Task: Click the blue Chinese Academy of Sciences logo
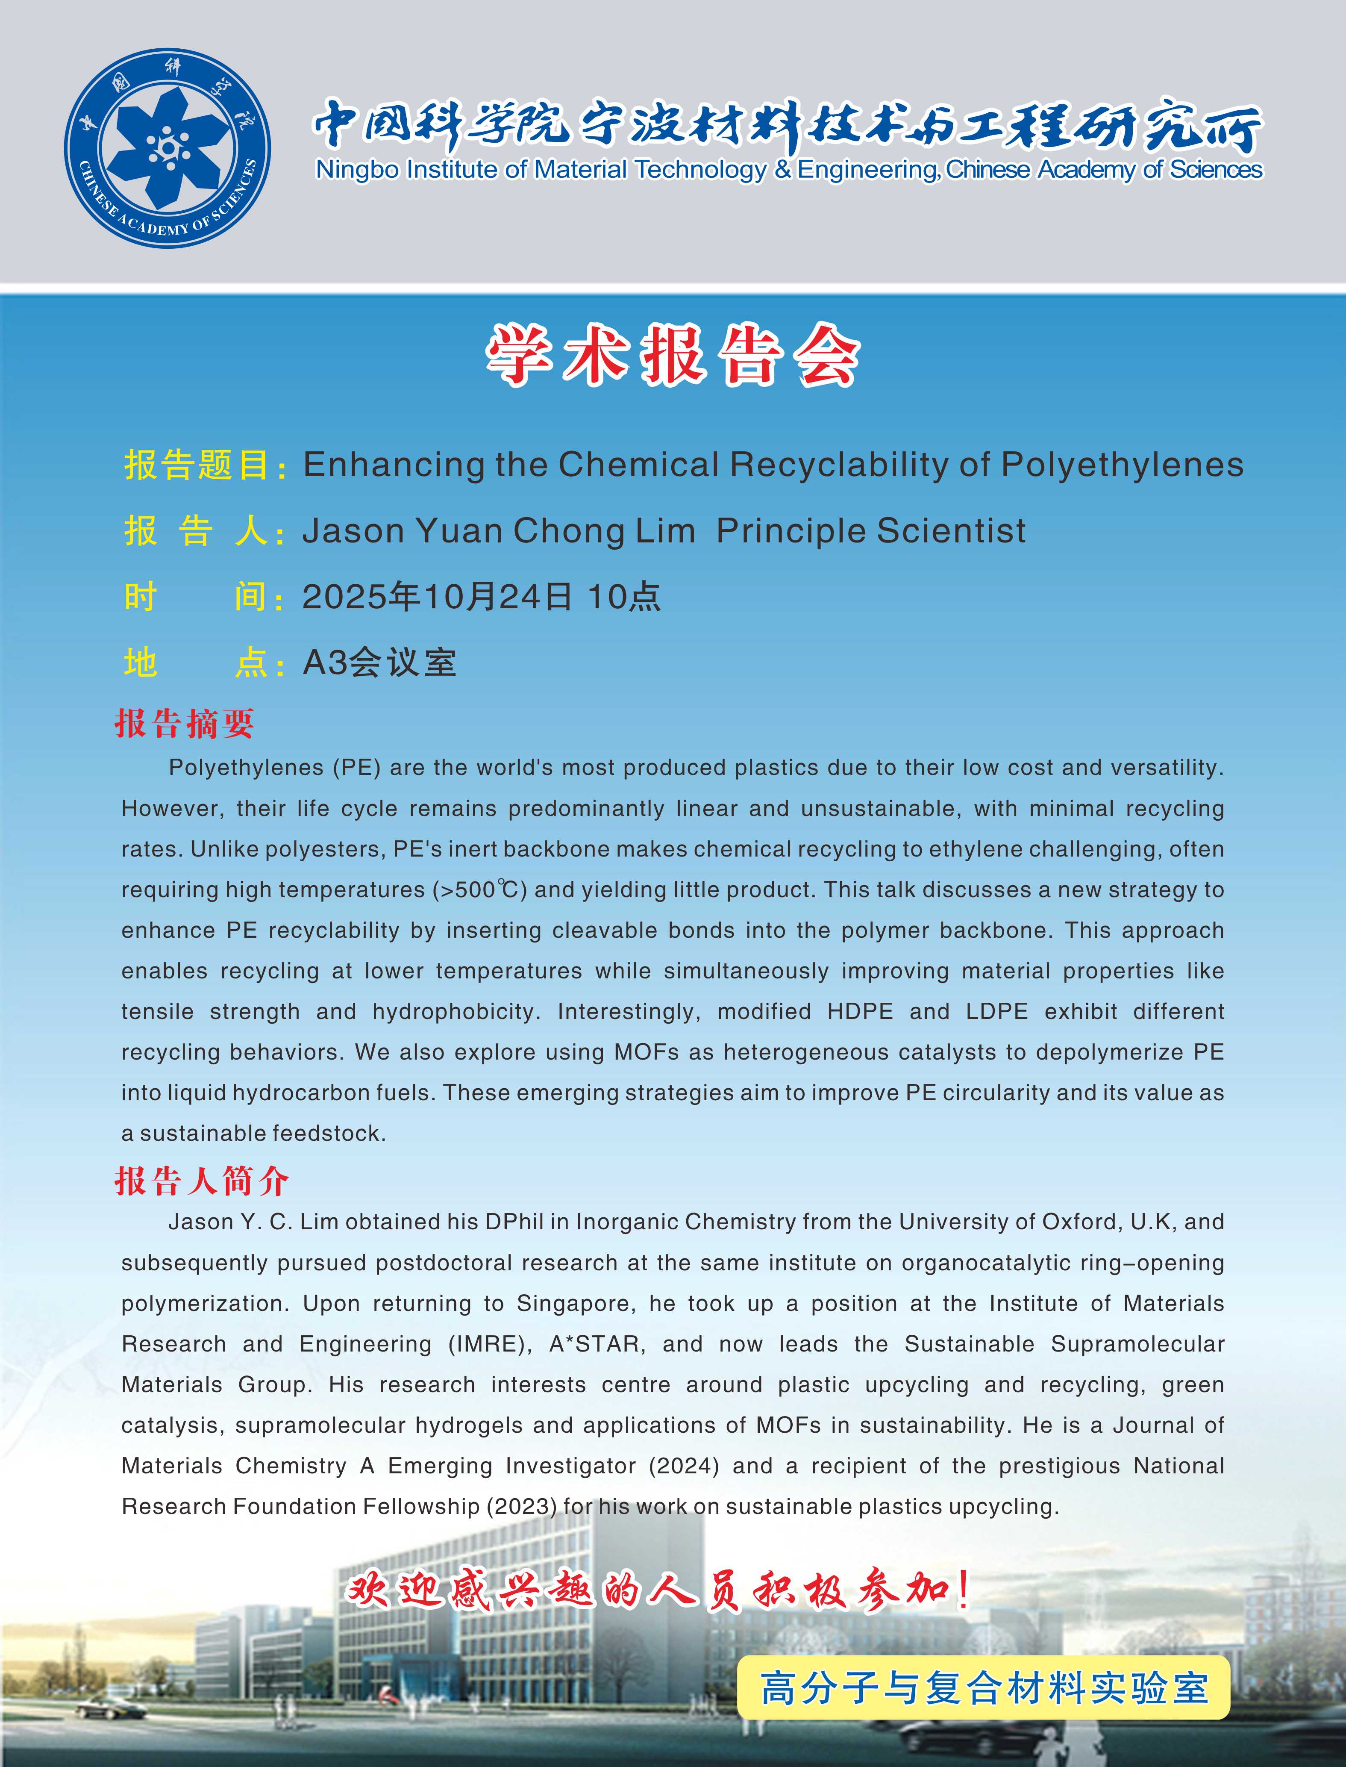click(168, 148)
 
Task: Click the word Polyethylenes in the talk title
click(1122, 465)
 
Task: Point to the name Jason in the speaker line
click(353, 530)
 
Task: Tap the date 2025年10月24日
click(437, 597)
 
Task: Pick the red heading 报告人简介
click(202, 1181)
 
